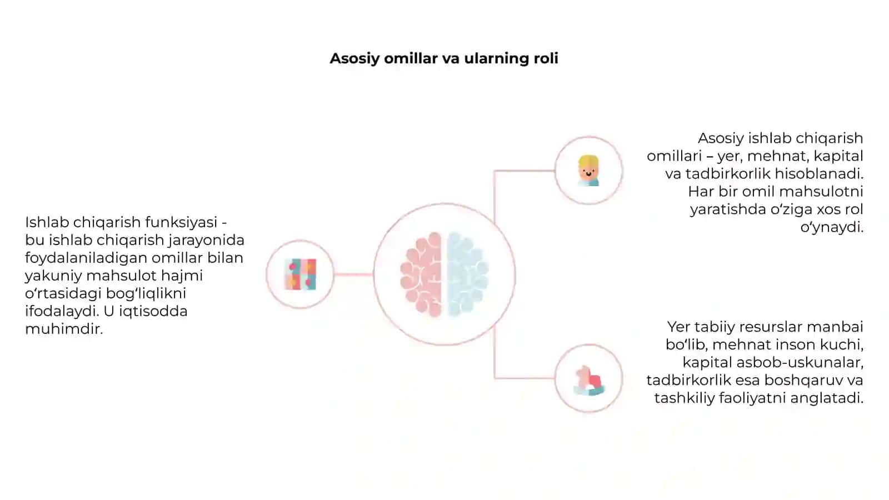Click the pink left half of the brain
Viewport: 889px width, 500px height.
(x=421, y=274)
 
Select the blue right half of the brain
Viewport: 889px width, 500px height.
(x=467, y=274)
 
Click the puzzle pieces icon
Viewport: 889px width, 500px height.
(x=301, y=274)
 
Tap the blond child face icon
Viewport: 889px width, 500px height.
(x=588, y=171)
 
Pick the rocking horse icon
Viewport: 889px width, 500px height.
(x=589, y=381)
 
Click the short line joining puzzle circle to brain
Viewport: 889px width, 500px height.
(x=353, y=274)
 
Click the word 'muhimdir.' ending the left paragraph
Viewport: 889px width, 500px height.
(x=64, y=329)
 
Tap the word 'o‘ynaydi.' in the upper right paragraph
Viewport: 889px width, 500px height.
(x=832, y=228)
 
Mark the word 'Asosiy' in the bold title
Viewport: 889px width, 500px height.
(x=354, y=59)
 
